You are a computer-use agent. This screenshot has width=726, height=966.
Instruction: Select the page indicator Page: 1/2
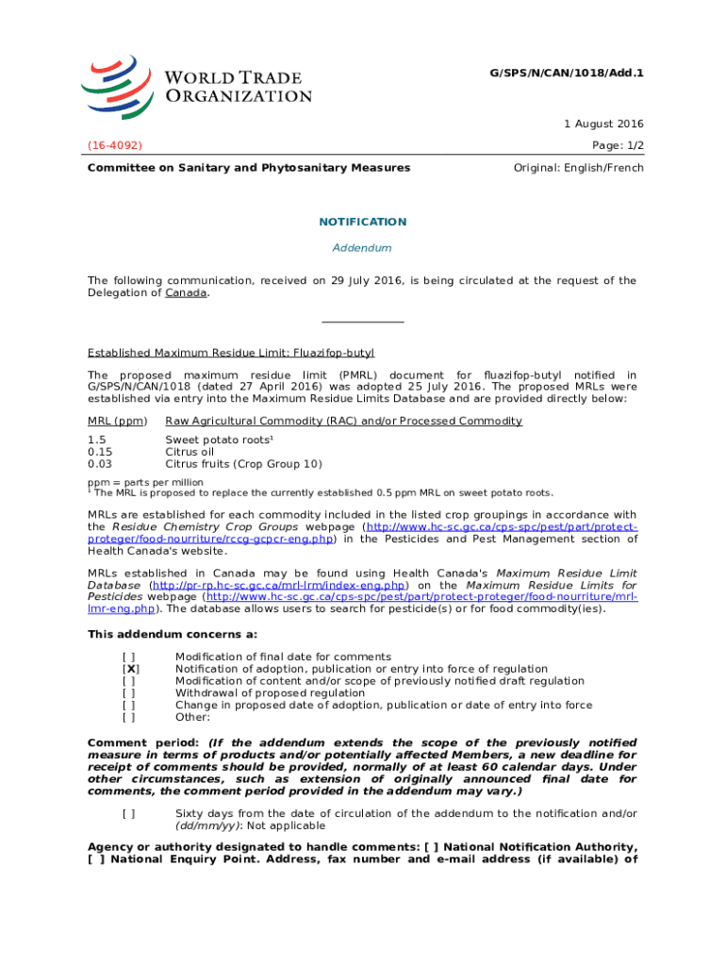point(617,145)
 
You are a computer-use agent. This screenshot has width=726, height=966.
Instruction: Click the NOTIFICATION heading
point(363,222)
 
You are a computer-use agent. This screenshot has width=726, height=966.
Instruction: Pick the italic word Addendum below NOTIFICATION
point(363,248)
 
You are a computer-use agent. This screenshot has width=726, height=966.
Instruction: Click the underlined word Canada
point(186,292)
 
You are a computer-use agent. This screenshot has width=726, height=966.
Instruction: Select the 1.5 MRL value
point(96,440)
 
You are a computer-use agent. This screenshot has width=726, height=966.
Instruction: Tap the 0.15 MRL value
point(100,452)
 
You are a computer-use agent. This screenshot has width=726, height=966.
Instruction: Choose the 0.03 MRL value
point(100,464)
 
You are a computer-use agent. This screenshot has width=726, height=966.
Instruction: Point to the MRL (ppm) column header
point(117,421)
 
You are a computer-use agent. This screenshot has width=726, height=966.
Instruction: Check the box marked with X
point(131,669)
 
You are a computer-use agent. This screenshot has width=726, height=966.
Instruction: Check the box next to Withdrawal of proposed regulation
point(128,693)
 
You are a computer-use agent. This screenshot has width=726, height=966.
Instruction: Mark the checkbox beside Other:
point(128,717)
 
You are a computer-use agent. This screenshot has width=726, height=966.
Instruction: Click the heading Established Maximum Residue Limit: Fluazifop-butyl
point(231,353)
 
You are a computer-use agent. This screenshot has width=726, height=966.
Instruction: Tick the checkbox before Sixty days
point(128,813)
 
